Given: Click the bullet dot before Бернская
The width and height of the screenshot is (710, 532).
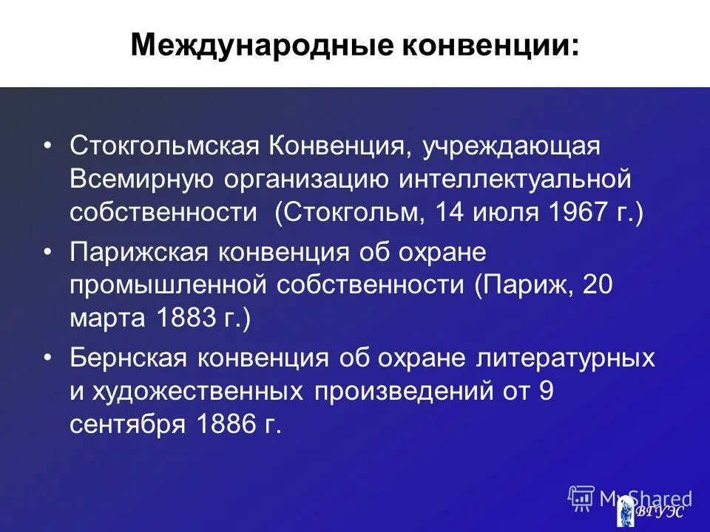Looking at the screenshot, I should (x=48, y=358).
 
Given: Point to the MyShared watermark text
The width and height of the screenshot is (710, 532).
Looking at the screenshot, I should (x=646, y=497).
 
